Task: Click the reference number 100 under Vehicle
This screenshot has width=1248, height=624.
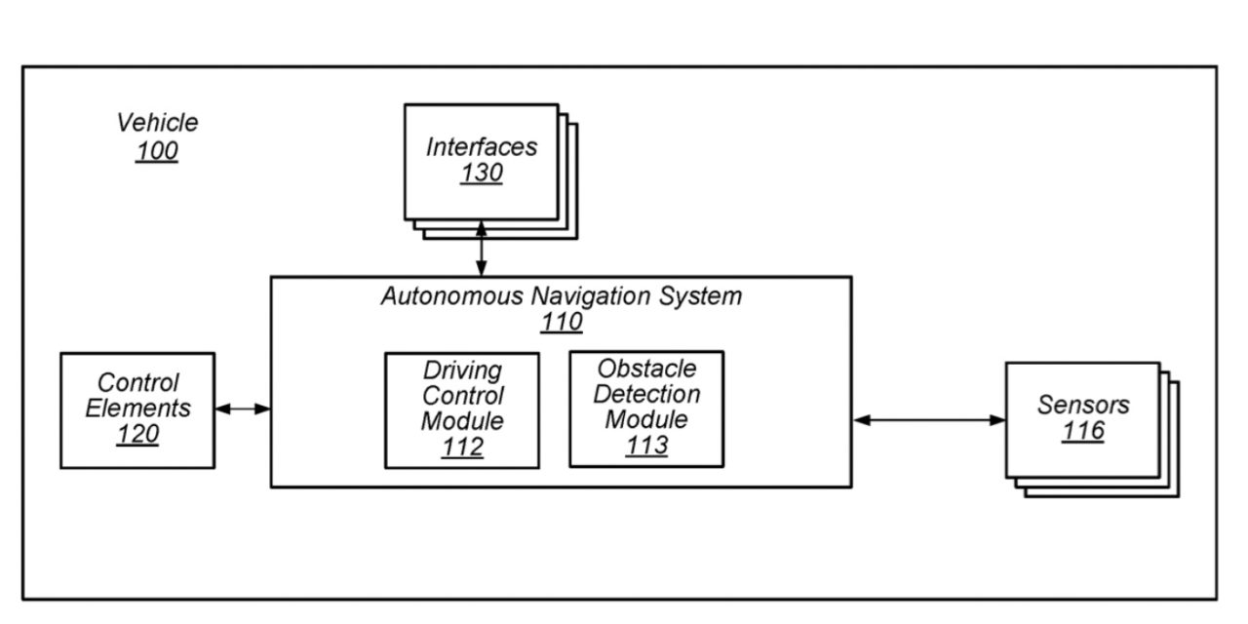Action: click(x=157, y=151)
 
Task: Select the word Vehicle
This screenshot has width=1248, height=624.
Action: click(x=157, y=123)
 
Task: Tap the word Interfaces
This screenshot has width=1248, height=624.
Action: click(x=482, y=147)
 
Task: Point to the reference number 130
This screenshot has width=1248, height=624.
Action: click(x=482, y=174)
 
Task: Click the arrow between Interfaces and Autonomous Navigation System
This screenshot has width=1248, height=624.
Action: click(x=481, y=249)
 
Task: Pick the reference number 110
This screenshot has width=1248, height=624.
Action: click(x=562, y=322)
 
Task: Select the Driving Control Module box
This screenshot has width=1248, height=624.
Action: click(x=462, y=409)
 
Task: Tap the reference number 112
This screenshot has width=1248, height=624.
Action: click(x=462, y=448)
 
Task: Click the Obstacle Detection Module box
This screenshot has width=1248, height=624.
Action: click(x=646, y=409)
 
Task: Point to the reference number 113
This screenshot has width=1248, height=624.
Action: click(x=647, y=446)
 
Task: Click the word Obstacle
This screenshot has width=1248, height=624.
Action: click(x=647, y=369)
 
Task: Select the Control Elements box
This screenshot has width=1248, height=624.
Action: click(x=137, y=409)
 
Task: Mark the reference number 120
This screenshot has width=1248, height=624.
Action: click(x=137, y=435)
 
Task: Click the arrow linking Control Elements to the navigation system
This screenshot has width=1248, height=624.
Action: click(x=242, y=409)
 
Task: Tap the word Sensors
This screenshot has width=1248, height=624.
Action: click(x=1083, y=405)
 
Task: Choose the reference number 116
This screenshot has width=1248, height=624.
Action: click(x=1083, y=431)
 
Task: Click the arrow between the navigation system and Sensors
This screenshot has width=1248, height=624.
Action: click(x=928, y=420)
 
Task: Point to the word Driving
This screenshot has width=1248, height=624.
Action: click(x=462, y=370)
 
